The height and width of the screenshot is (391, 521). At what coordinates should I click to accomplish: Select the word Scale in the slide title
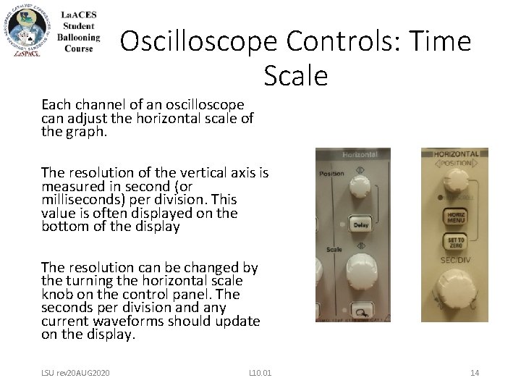point(296,75)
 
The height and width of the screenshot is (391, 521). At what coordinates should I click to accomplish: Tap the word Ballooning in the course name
point(79,38)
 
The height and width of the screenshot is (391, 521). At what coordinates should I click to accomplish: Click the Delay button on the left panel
point(360,224)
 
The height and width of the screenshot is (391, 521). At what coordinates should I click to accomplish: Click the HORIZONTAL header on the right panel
point(456,154)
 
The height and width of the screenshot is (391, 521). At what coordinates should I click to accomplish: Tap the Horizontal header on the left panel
point(360,155)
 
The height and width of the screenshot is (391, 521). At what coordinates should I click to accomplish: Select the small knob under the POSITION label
point(457,182)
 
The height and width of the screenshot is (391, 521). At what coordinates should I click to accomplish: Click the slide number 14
point(475,373)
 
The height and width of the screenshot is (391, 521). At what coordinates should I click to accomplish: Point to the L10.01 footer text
point(260,373)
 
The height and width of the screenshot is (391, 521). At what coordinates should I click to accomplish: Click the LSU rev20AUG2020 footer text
point(75,373)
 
